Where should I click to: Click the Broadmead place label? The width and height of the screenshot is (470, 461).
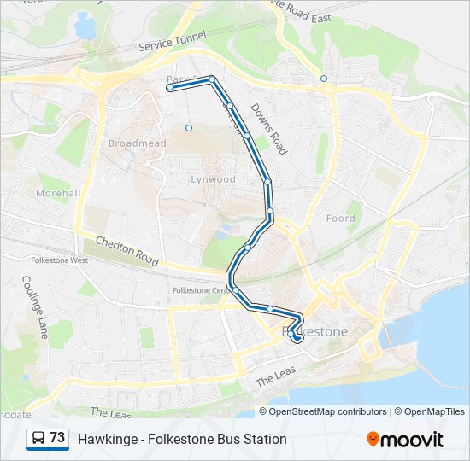coord(137,143)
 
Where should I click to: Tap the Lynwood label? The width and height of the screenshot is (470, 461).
coord(213,179)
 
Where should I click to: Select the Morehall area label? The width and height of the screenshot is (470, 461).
coord(59,193)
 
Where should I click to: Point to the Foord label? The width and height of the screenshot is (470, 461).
coord(340,219)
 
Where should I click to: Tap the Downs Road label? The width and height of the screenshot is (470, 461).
coord(267,129)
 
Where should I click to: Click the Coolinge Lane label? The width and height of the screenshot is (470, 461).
coord(34,306)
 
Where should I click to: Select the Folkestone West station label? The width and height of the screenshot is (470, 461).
coord(58,260)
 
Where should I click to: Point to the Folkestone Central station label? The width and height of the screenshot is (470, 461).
coord(200,290)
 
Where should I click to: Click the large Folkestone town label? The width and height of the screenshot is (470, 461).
coord(315,330)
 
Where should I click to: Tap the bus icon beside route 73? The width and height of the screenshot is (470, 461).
coord(38,438)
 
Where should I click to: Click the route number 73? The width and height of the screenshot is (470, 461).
coord(57,438)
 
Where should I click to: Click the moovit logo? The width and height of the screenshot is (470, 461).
coord(405,440)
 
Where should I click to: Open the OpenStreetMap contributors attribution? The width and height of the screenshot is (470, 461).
coord(328,411)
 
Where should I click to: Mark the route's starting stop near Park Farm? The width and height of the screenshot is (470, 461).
coord(170,87)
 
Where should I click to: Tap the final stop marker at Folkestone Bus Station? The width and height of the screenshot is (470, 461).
coord(297,338)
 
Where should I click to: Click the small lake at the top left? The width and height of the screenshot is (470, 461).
coord(85,26)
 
